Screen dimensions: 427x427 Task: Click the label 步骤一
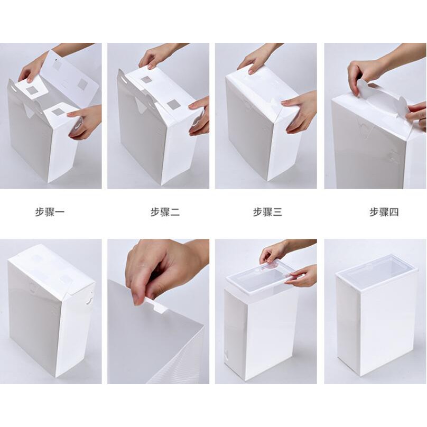click(50, 211)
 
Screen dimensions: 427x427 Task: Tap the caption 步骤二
click(165, 211)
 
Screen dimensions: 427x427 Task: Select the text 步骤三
click(268, 211)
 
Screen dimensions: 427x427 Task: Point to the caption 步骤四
click(384, 211)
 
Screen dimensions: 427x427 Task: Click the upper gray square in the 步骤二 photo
click(146, 80)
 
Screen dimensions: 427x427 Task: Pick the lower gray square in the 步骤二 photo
click(173, 104)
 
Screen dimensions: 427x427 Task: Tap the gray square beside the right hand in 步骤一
click(58, 112)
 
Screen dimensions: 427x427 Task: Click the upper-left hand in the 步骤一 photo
click(31, 70)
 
